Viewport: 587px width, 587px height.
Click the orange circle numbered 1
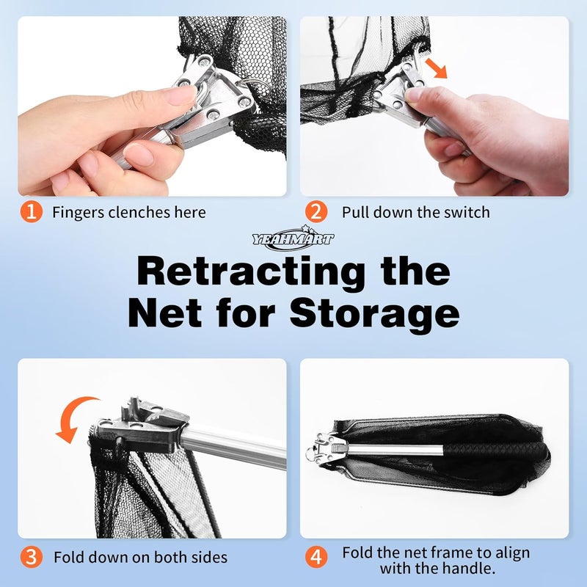(32, 212)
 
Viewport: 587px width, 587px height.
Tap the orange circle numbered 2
(316, 212)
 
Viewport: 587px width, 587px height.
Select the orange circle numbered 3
(32, 557)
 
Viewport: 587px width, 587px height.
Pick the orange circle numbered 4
(316, 557)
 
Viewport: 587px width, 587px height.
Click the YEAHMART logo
(293, 236)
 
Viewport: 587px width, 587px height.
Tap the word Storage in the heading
(374, 314)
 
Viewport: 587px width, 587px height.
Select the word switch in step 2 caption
(467, 212)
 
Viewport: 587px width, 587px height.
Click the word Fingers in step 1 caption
(79, 213)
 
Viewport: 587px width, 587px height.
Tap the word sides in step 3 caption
(209, 558)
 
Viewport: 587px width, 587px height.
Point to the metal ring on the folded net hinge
(310, 454)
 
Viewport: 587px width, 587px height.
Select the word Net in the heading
(165, 314)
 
